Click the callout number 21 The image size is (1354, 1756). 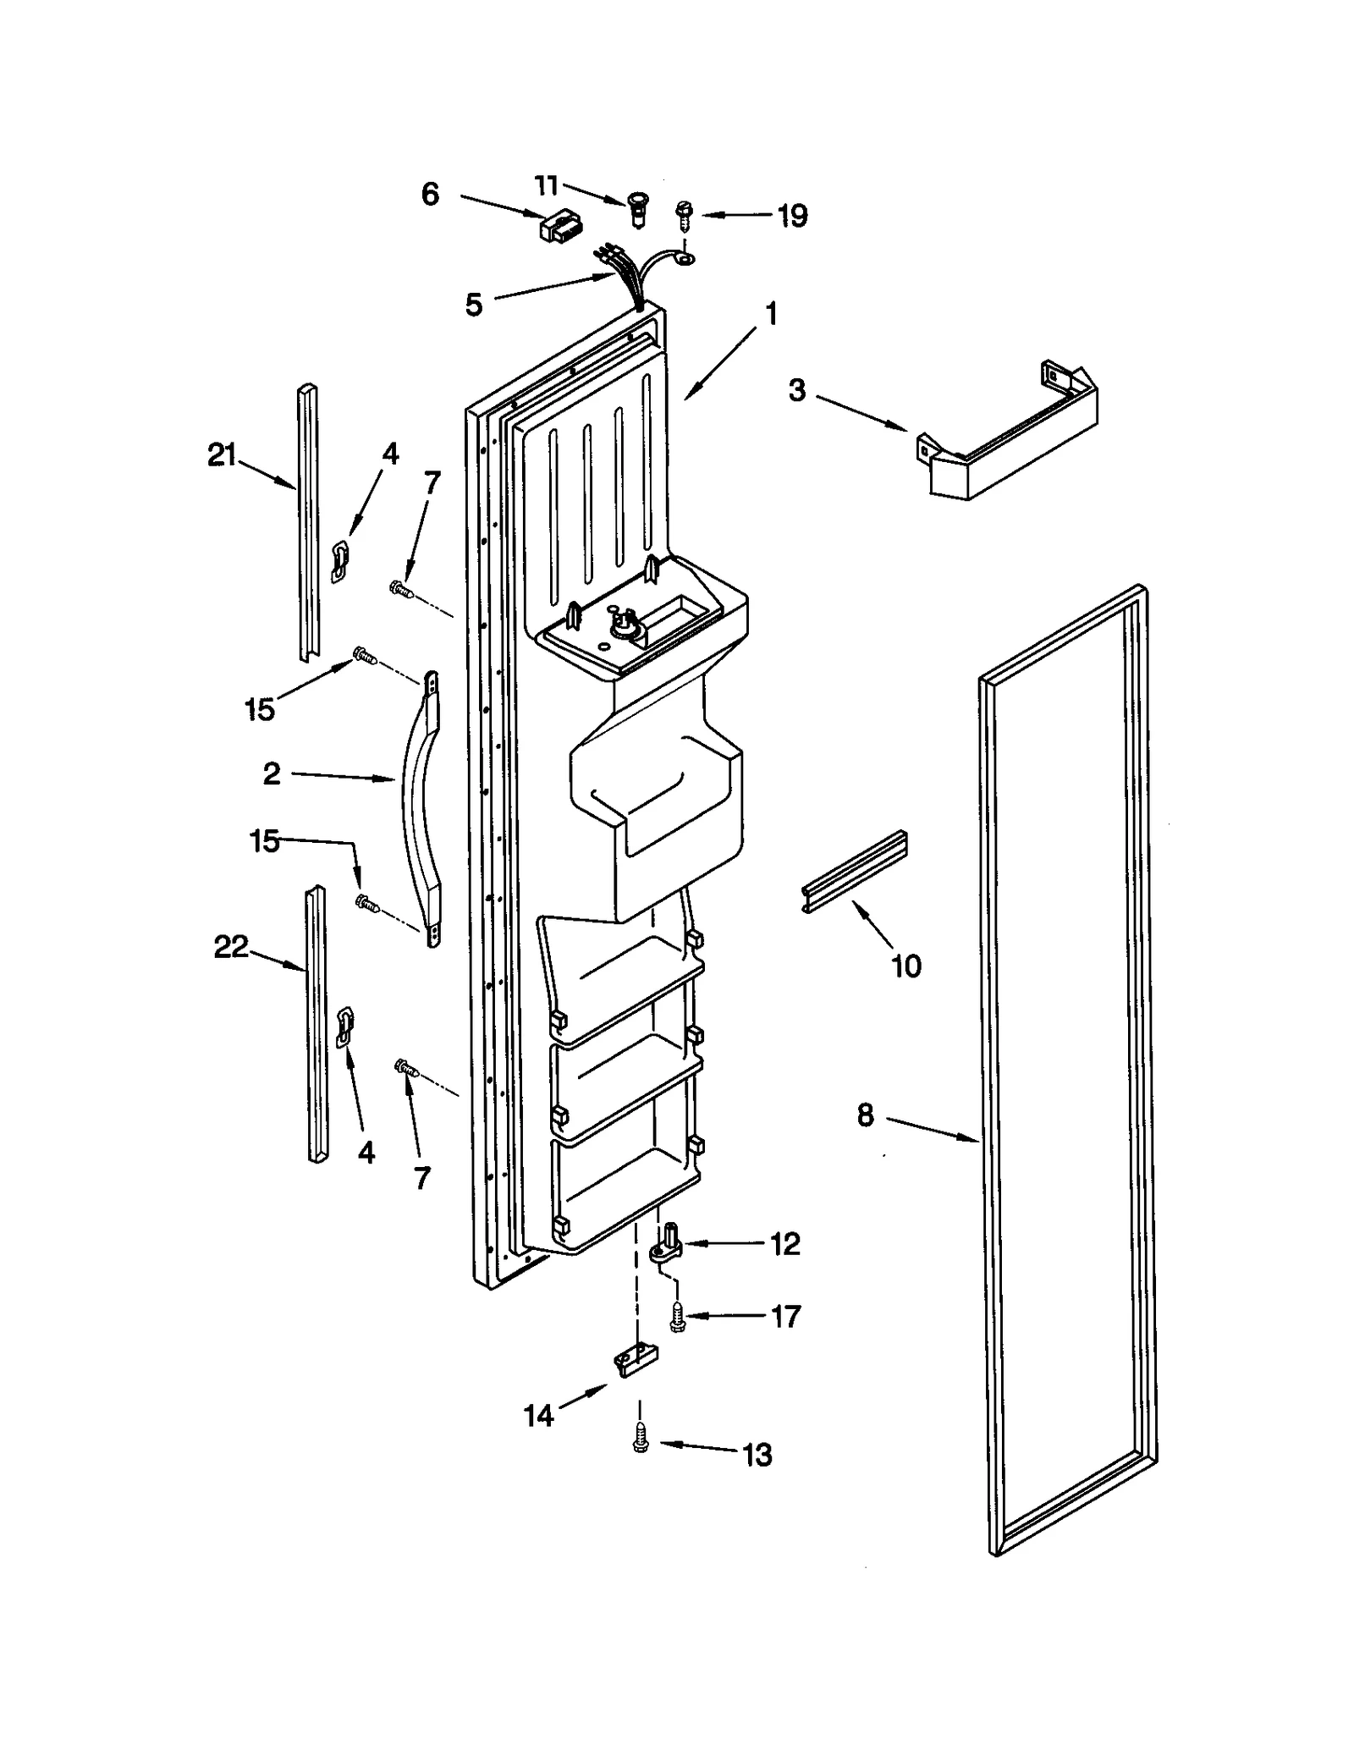coord(222,455)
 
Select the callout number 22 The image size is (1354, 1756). coord(230,947)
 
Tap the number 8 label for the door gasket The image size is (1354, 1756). coord(865,1115)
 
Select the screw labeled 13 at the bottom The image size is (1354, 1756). coord(641,1440)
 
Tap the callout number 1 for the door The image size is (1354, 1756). coord(770,315)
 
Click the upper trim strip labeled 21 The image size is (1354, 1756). coord(308,525)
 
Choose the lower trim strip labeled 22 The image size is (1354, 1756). coord(316,1024)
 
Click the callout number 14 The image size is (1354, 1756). coord(538,1415)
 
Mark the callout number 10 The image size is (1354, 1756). coord(906,966)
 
